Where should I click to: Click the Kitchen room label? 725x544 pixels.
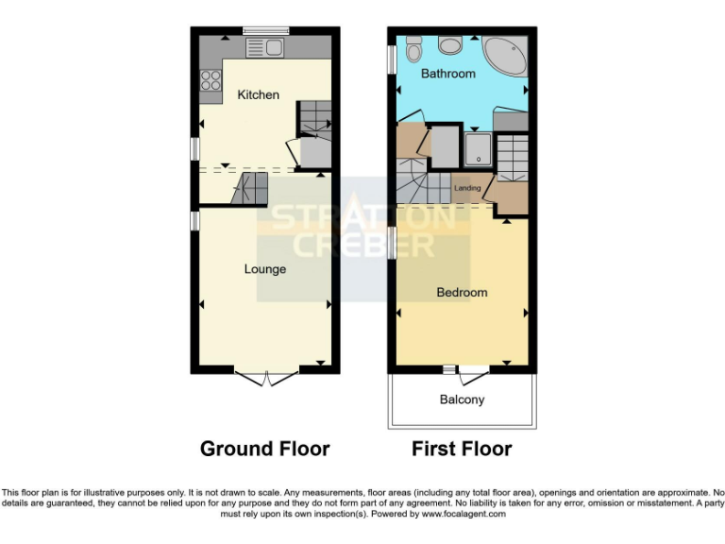(x=258, y=94)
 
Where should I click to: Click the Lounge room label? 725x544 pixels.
(x=265, y=269)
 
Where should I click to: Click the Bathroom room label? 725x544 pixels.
(x=448, y=74)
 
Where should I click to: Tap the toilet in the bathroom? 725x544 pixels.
(x=448, y=43)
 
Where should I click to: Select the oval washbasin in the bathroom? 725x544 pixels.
(x=414, y=44)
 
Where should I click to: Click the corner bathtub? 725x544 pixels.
(x=506, y=56)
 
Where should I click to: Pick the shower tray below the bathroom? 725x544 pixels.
(x=478, y=147)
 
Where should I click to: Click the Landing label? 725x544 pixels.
(x=467, y=188)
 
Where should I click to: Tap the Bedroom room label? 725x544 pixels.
(x=462, y=293)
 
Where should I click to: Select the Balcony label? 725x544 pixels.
(x=462, y=399)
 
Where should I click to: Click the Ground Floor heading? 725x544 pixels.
(x=264, y=449)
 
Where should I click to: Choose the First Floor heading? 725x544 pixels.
(x=462, y=449)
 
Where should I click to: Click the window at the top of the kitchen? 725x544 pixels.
(x=264, y=31)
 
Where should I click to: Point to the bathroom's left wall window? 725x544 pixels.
(x=392, y=59)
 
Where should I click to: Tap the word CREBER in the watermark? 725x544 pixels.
(x=363, y=246)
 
